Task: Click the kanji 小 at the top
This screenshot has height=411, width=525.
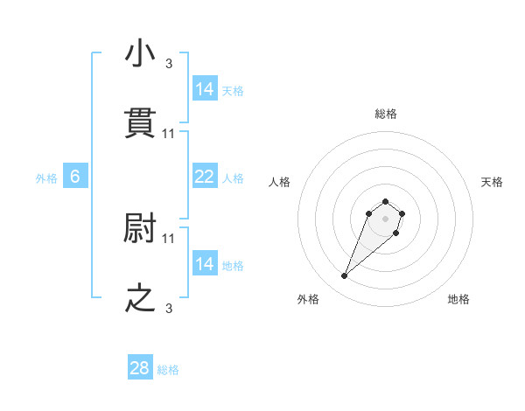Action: (141, 53)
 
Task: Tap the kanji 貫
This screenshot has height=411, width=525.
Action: (141, 123)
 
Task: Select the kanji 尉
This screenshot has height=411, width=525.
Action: (141, 228)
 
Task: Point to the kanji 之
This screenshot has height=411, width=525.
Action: (141, 298)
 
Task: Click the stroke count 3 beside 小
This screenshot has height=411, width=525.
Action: (169, 63)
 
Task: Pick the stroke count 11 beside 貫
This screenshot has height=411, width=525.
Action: (169, 133)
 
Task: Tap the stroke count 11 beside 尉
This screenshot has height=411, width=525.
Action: (169, 238)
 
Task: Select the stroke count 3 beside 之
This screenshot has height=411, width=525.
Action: (169, 308)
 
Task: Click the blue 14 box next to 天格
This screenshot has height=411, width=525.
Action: (204, 89)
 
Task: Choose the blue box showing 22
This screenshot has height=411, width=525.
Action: (204, 177)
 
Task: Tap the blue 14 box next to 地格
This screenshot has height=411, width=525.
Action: (204, 264)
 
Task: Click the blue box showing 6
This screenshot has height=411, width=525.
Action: (75, 177)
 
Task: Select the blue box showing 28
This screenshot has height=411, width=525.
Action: (140, 368)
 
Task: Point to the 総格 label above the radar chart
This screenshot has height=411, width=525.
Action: (386, 114)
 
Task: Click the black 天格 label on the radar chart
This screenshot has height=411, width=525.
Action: (493, 182)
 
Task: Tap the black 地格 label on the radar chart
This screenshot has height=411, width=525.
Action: (458, 299)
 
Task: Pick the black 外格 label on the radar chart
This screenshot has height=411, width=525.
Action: (308, 299)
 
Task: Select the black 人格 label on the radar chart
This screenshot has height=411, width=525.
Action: (280, 182)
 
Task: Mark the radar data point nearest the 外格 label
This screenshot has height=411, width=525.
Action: (345, 276)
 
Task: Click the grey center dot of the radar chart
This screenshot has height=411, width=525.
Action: (386, 218)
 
